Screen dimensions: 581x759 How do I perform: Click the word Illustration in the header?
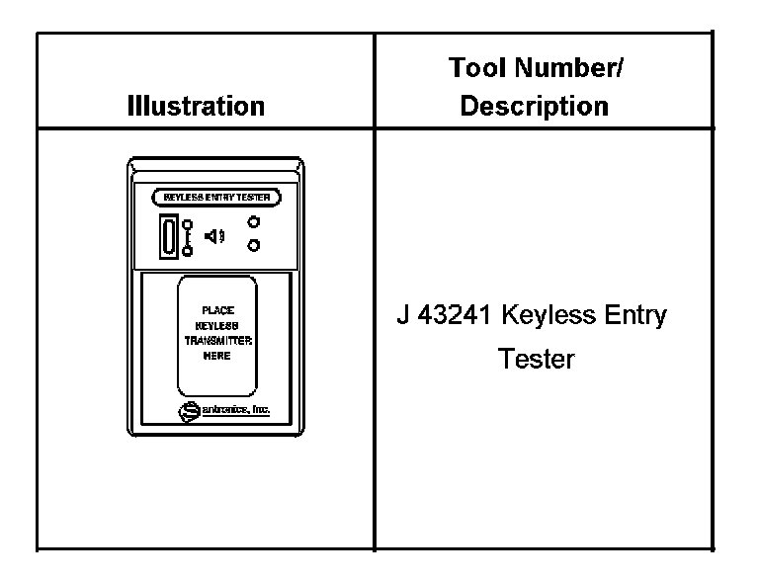196,106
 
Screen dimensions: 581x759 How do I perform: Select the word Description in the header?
535,106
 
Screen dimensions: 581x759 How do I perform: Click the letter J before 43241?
402,316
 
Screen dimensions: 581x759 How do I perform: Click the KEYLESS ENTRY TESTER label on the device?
216,197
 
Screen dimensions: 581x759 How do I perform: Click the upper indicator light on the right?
254,223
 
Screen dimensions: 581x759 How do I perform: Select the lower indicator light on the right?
254,245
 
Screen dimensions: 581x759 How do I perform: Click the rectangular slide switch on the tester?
169,238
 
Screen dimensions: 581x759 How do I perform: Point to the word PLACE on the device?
217,310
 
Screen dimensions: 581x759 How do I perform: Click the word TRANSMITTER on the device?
217,339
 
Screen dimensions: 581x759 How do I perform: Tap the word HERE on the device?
217,355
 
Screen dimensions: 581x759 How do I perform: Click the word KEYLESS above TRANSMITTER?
217,324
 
